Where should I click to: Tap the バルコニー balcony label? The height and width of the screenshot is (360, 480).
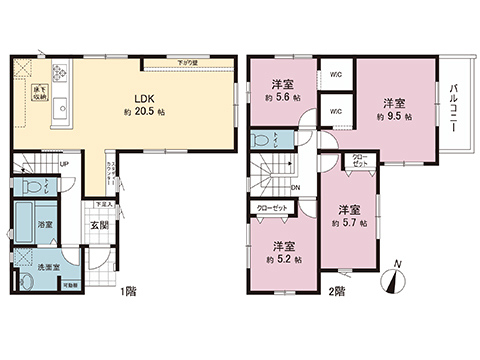[455, 107]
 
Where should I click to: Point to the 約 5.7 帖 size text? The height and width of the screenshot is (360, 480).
[348, 224]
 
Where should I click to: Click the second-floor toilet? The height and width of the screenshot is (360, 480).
[262, 140]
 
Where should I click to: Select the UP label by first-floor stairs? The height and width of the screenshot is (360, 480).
[64, 165]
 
